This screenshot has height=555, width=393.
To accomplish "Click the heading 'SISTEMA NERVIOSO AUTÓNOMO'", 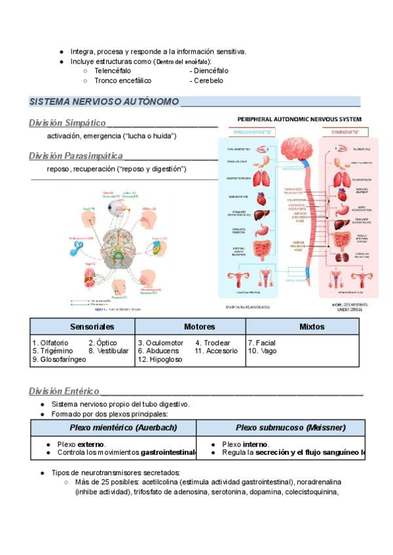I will pos(104,102).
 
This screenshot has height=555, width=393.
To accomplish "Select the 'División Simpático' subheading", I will pos(67,123).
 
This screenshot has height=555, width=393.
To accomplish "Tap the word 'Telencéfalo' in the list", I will pos(112,70).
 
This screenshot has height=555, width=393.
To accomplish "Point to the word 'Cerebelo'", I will pos(208,81).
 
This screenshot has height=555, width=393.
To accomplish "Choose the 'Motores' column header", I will pos(200,326).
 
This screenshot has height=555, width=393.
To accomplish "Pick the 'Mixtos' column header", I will pos(312,326).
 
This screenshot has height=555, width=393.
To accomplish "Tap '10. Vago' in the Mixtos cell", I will pos(262,351).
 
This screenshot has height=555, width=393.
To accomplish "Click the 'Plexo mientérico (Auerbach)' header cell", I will pos(114,427).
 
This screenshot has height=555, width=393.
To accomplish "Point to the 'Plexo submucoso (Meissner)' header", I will pos(281,427).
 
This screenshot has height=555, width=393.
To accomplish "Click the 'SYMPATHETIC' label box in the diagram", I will pos(349,132).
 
